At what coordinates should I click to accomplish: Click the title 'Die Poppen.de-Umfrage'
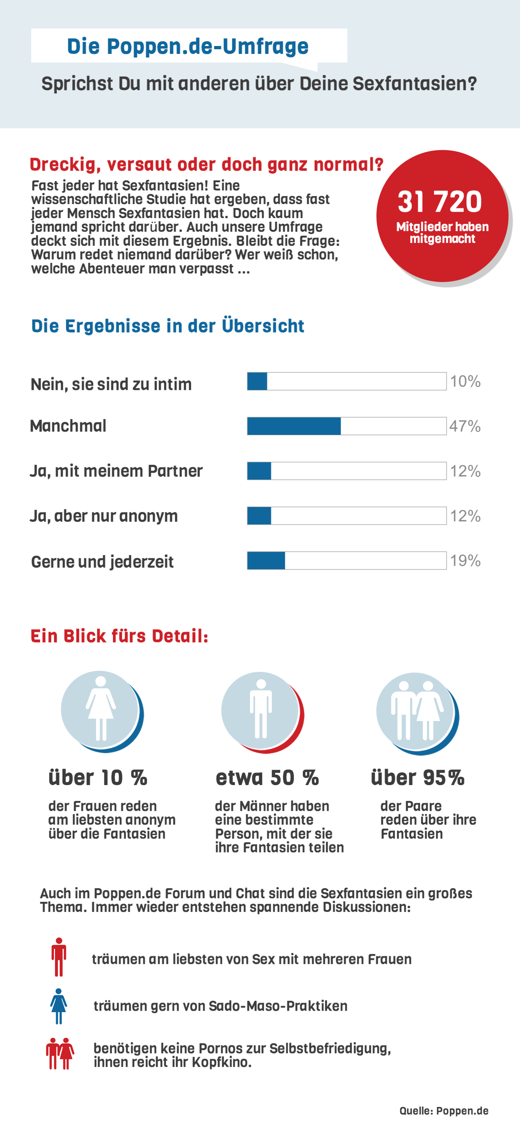188,46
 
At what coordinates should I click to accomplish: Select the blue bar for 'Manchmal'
294,426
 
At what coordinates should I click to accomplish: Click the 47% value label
465,426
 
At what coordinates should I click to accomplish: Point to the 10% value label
465,381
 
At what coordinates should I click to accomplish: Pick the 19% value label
465,560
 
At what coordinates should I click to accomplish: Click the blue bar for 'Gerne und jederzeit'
266,561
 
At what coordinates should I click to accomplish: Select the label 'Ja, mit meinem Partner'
116,471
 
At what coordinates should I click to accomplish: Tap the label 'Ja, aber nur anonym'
104,516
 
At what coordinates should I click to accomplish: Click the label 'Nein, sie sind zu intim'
111,384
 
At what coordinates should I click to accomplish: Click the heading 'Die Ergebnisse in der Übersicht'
167,326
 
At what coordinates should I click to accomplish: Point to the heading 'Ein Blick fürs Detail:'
119,636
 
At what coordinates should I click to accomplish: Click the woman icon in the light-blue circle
101,708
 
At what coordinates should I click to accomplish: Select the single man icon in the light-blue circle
261,709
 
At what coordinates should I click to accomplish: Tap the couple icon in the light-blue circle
416,710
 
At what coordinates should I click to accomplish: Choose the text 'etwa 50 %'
267,778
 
